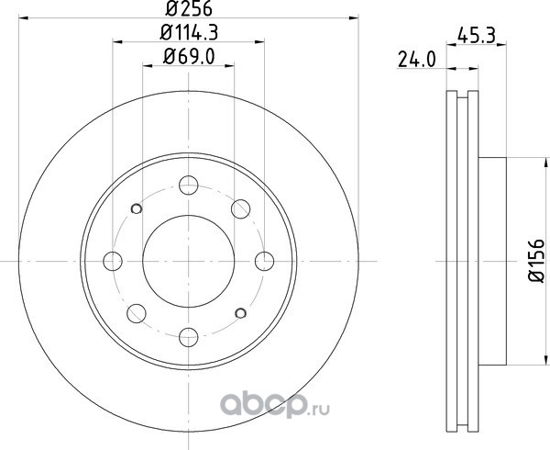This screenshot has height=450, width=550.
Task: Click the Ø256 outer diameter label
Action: (x=189, y=9)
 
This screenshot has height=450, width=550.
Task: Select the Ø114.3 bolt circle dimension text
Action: (x=189, y=32)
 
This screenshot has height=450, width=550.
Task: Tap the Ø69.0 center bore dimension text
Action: (x=189, y=57)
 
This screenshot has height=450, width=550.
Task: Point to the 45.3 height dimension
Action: (x=476, y=36)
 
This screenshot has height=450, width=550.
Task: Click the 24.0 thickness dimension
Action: (x=417, y=59)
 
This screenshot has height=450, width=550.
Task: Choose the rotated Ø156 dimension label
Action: (x=536, y=260)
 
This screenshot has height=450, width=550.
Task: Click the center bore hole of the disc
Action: (x=188, y=261)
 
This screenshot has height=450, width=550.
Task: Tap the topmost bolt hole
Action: (x=188, y=186)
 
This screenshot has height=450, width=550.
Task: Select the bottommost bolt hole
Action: (x=188, y=337)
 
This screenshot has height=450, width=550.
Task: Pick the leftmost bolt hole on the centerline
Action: (x=113, y=262)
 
